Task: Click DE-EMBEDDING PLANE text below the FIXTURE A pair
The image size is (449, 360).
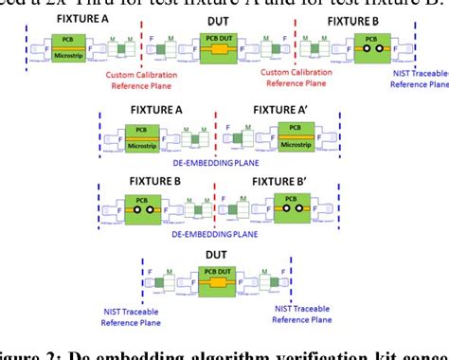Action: click(x=217, y=163)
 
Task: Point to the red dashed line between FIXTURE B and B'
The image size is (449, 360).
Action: click(x=217, y=201)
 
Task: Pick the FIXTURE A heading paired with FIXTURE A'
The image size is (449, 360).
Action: click(x=154, y=110)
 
